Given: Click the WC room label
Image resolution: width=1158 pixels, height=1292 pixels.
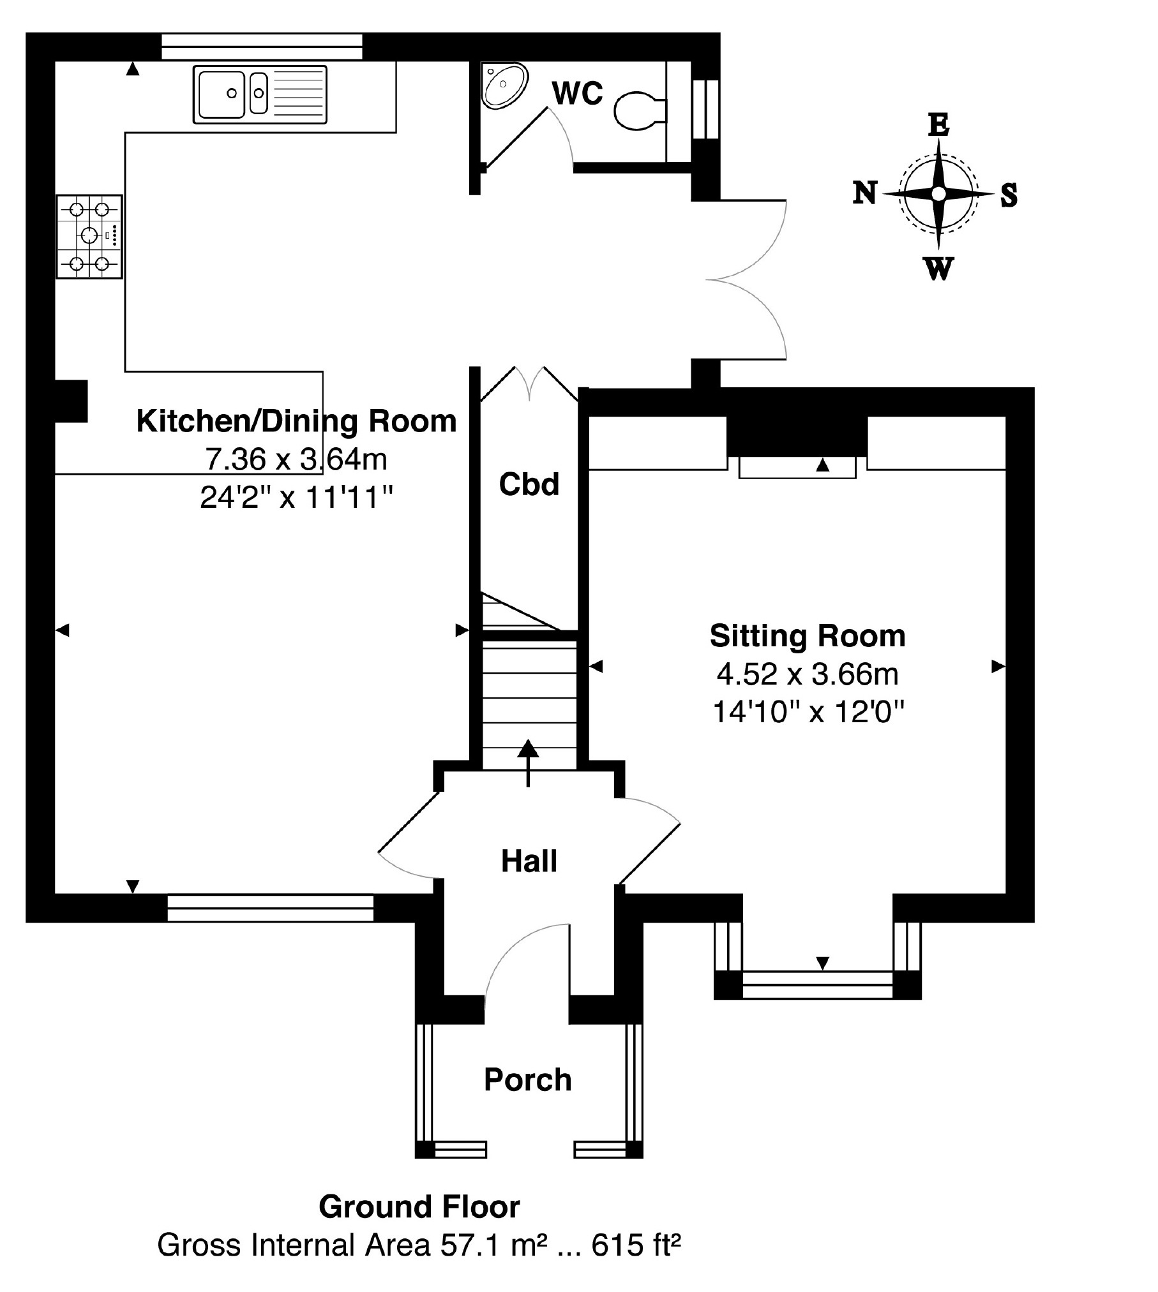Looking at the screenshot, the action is coord(577,94).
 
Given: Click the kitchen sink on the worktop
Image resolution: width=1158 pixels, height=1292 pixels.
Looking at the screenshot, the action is coord(259,94).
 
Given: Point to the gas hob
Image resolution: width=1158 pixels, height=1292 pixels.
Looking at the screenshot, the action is coord(89,237).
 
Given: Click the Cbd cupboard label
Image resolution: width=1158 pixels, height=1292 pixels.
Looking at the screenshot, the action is coord(529,484).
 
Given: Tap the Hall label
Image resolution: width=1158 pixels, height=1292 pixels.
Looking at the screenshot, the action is coord(529,861).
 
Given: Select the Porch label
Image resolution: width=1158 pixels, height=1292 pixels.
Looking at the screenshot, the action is coord(527,1080).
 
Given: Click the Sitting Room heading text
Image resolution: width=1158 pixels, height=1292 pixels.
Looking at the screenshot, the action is coord(808,636).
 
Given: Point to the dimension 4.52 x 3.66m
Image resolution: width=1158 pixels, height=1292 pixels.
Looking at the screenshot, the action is coord(808,674).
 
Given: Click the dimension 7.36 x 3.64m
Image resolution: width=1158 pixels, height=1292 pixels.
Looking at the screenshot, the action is coord(296,459).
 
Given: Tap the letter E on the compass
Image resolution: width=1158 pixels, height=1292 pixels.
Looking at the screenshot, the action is coord(938,125).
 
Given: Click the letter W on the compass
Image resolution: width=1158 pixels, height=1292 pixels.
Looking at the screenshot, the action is coord(938,269).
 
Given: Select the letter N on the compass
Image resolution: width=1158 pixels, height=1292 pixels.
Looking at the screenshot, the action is coord(865,192).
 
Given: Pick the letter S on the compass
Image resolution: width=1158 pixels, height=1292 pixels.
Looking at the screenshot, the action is coord(1009,195).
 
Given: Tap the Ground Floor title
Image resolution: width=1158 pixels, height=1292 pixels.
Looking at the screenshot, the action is coord(419,1207).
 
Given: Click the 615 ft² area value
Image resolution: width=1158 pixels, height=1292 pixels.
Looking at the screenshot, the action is coord(636,1245).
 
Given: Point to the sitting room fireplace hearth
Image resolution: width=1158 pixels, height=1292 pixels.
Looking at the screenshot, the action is coord(797,468).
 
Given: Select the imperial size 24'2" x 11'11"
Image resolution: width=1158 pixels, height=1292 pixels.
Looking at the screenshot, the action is coord(296,497).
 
